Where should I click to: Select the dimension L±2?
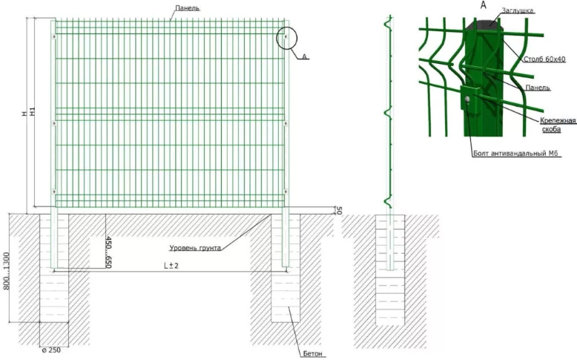pos(173,265)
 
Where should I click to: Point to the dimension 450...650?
pos(109,252)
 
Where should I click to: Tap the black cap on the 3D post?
pos(481,24)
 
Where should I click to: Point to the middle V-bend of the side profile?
pos(387,113)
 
